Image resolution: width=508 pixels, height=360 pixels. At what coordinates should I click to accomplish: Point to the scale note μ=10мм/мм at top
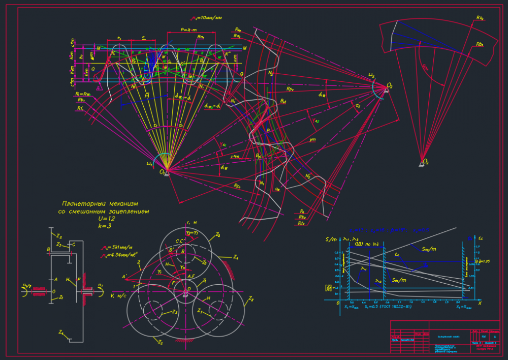pyautogui.click(x=207, y=18)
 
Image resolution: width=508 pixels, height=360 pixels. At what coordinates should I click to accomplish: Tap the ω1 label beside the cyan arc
pyautogui.click(x=149, y=164)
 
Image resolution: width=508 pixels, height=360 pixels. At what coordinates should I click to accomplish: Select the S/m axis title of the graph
pyautogui.click(x=331, y=239)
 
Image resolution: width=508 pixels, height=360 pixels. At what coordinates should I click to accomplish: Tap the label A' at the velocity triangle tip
pyautogui.click(x=123, y=276)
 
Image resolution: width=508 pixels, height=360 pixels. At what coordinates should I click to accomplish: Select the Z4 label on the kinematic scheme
pyautogui.click(x=60, y=332)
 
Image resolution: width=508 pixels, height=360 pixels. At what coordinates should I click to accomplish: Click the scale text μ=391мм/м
pyautogui.click(x=118, y=248)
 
